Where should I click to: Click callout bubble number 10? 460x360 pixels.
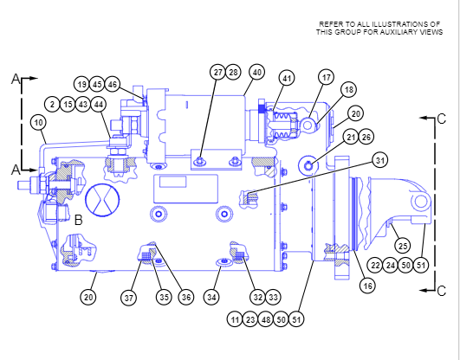(x=39, y=123)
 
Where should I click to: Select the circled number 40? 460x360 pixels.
(x=256, y=72)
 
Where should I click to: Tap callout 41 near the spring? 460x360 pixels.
(x=287, y=78)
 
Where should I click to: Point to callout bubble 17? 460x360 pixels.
(x=327, y=78)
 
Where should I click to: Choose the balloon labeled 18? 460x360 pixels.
(x=349, y=89)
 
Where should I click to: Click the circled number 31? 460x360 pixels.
(x=380, y=160)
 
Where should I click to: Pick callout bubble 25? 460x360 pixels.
(x=403, y=246)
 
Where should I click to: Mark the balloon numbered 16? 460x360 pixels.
(x=367, y=286)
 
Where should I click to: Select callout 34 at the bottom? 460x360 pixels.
(x=212, y=298)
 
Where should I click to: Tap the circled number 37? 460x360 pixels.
(x=129, y=298)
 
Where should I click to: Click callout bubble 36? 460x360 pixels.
(x=186, y=298)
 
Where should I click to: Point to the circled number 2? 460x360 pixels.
(x=53, y=105)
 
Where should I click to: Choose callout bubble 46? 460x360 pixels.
(x=113, y=85)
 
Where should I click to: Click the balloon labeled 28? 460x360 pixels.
(x=233, y=72)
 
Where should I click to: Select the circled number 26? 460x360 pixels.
(x=366, y=137)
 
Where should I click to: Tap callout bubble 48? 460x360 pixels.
(x=266, y=319)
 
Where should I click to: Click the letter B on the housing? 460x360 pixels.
(x=78, y=220)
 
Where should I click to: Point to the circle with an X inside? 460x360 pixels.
(x=102, y=199)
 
